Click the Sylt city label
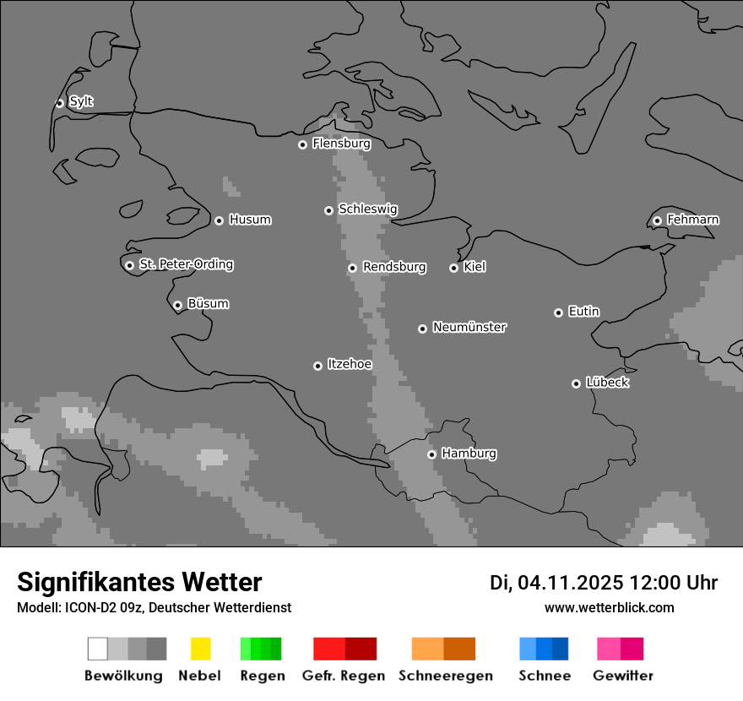(81, 102)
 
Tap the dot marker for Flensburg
(302, 144)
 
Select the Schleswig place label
(367, 209)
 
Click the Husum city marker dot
(219, 220)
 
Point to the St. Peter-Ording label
(186, 264)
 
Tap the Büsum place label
(208, 304)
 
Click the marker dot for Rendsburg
(352, 268)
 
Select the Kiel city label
(475, 267)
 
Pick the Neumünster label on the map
(469, 328)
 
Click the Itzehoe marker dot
(317, 366)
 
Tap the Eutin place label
(583, 312)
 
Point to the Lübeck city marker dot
(576, 383)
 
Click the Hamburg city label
(469, 454)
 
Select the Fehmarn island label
(692, 220)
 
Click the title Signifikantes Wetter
(139, 582)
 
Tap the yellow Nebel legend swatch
(200, 649)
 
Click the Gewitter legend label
(623, 676)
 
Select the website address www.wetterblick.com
(609, 607)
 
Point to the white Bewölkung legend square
(98, 649)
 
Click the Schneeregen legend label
(446, 676)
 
